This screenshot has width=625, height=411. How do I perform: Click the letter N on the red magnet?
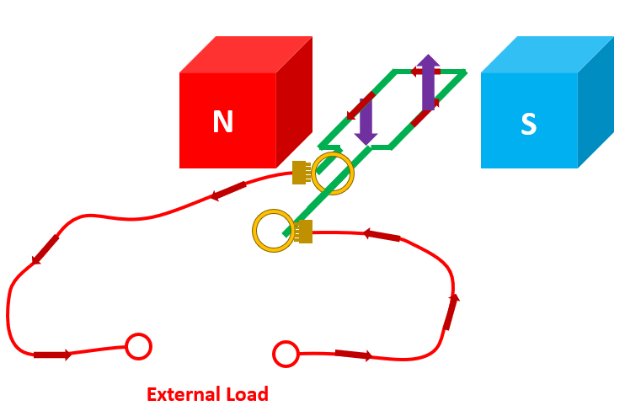[222, 123]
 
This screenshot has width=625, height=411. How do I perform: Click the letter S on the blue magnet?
[528, 125]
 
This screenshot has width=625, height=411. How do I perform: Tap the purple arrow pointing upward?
[429, 83]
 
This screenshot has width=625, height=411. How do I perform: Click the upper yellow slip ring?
[334, 173]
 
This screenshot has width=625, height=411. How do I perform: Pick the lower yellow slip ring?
[274, 230]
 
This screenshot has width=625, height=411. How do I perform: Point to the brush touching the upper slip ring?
[300, 172]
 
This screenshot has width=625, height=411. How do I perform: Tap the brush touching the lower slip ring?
[304, 231]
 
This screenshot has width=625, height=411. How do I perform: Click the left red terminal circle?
[138, 346]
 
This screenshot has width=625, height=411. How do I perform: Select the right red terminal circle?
[286, 354]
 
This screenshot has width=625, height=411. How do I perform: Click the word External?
[180, 394]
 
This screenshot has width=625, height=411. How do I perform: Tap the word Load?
[248, 394]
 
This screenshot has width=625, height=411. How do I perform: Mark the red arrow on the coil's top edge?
[425, 72]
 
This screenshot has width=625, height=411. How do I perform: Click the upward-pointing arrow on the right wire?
[451, 311]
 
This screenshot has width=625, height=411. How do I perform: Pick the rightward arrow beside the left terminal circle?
[52, 355]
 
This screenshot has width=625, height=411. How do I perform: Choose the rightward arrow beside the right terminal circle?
[353, 355]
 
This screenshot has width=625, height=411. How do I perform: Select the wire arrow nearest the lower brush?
[382, 235]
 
